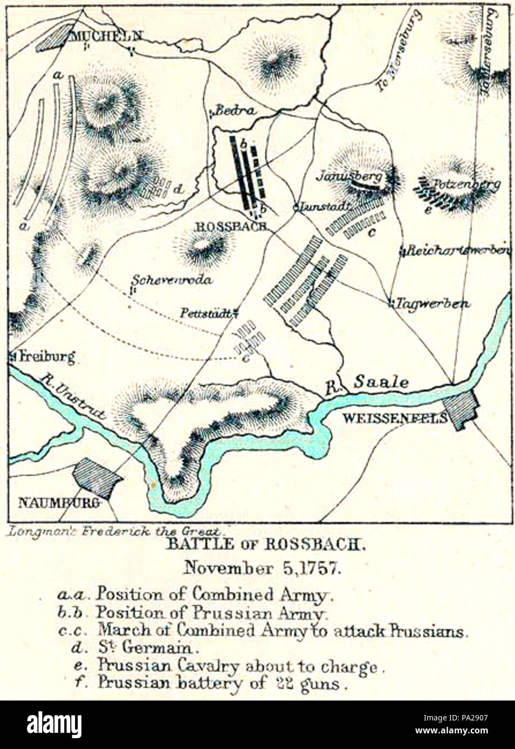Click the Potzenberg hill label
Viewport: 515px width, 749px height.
(x=466, y=184)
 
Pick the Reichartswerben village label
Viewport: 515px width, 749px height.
(x=458, y=251)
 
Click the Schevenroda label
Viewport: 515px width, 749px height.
(x=172, y=280)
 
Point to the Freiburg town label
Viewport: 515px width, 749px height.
(x=46, y=356)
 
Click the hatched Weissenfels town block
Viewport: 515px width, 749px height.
(x=459, y=409)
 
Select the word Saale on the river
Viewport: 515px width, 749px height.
(x=381, y=382)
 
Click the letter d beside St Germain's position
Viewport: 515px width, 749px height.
(x=178, y=189)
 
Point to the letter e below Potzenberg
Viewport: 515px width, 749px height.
(x=428, y=211)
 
